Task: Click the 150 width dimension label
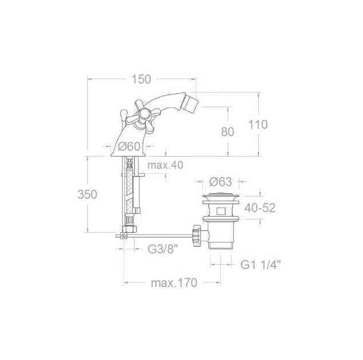141,79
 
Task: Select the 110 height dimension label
258,124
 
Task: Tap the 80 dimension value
227,132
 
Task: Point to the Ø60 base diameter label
129,146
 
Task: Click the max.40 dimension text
165,165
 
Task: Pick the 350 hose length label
87,194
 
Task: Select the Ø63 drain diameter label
220,182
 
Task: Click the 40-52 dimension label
260,208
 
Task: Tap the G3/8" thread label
163,249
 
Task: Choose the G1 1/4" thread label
261,265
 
